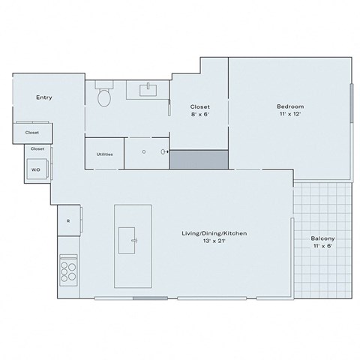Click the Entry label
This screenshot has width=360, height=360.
pyautogui.click(x=43, y=97)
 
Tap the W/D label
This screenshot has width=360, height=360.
pyautogui.click(x=35, y=170)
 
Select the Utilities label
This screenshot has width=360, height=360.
pyautogui.click(x=104, y=154)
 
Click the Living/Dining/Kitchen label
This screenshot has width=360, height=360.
pyautogui.click(x=214, y=234)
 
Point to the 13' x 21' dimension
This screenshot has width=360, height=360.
pyautogui.click(x=214, y=243)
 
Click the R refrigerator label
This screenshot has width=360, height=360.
pyautogui.click(x=68, y=220)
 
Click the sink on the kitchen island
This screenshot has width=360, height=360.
pyautogui.click(x=133, y=241)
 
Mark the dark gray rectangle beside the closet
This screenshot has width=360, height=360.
pyautogui.click(x=198, y=159)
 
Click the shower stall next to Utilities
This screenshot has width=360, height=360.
pyautogui.click(x=145, y=152)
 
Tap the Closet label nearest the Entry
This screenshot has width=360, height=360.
pyautogui.click(x=32, y=132)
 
